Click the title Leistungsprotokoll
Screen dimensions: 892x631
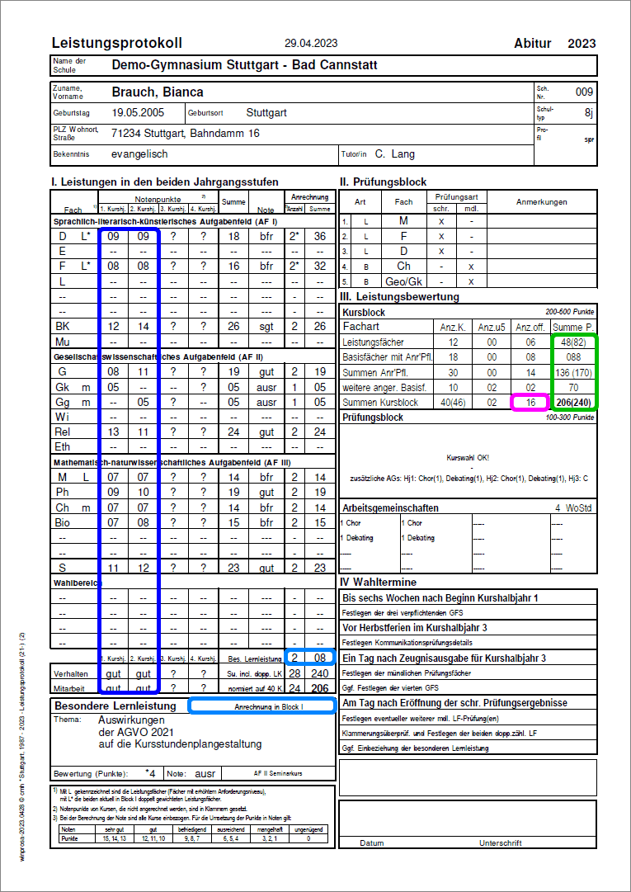pyautogui.click(x=116, y=43)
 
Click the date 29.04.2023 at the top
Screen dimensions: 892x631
pyautogui.click(x=311, y=44)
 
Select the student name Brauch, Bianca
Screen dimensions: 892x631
pyautogui.click(x=158, y=92)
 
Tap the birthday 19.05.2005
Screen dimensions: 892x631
pyautogui.click(x=139, y=112)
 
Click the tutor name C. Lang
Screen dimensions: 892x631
pyautogui.click(x=395, y=154)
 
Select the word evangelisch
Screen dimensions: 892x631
pyautogui.click(x=139, y=154)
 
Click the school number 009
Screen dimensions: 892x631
pyautogui.click(x=584, y=92)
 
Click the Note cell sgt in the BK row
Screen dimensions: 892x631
pyautogui.click(x=266, y=326)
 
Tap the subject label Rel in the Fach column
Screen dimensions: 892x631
pyautogui.click(x=62, y=432)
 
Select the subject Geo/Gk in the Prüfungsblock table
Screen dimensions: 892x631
pyautogui.click(x=403, y=281)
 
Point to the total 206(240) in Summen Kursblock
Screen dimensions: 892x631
pyautogui.click(x=576, y=402)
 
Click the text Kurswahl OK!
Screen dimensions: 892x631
pyautogui.click(x=467, y=457)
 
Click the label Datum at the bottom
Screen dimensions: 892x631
pyautogui.click(x=372, y=843)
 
